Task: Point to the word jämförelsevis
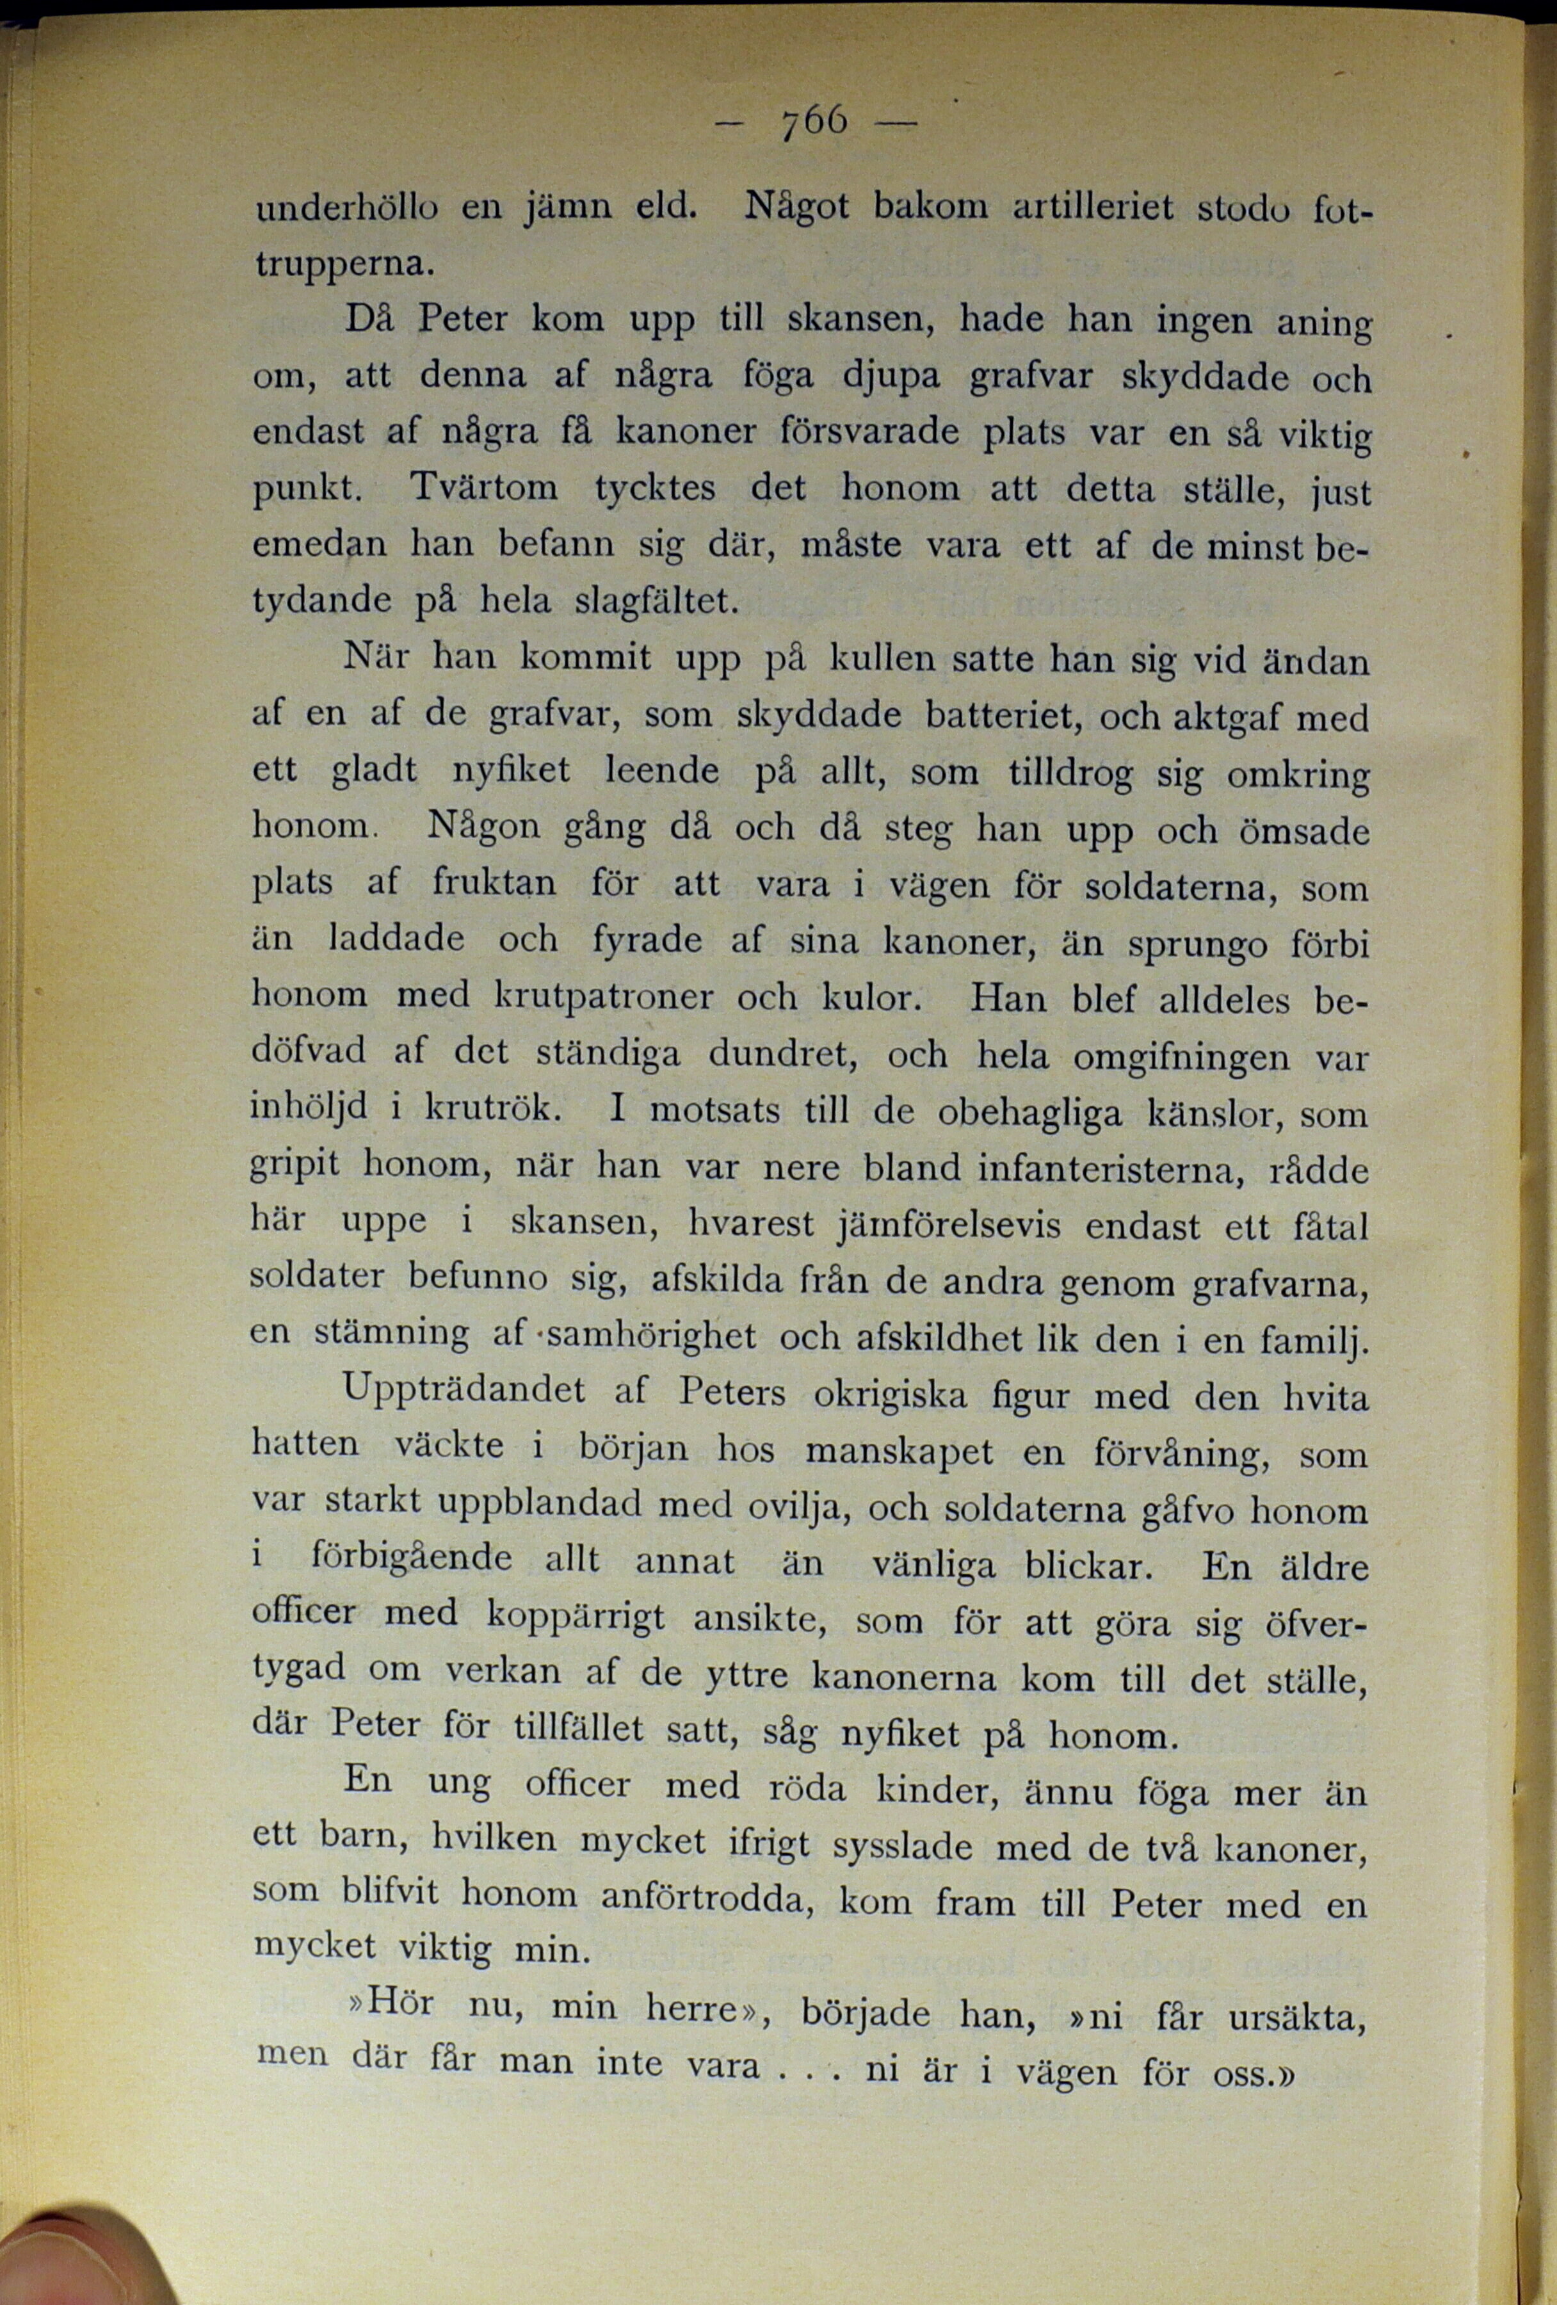(948, 1226)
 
